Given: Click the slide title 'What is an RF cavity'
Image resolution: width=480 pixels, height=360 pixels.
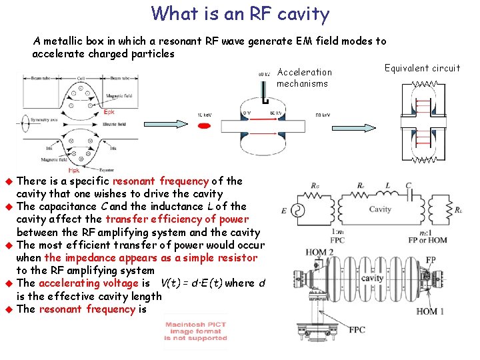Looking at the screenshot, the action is pos(240,13).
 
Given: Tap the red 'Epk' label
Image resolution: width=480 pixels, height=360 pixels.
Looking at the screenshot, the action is pos(109,113).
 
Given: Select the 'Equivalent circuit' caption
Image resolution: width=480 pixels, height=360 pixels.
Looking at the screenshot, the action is pos(422,68).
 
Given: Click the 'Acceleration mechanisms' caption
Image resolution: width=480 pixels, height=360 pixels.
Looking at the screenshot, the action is pos(303,77).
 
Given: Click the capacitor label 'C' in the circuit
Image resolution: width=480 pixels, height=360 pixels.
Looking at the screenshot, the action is pos(408,185).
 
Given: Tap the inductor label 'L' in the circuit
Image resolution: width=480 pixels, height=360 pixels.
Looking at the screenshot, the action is pos(387,185).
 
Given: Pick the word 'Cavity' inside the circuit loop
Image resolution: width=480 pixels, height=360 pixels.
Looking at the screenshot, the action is pos(379,209).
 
